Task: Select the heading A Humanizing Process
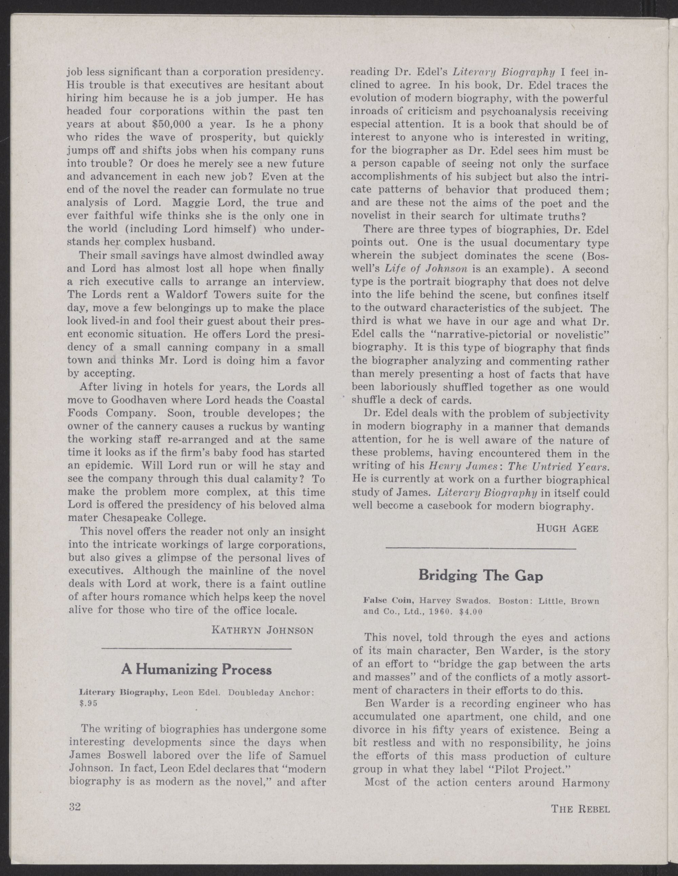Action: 197,669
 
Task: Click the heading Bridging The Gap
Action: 480,576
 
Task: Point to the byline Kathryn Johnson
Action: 262,630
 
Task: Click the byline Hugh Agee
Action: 567,528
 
